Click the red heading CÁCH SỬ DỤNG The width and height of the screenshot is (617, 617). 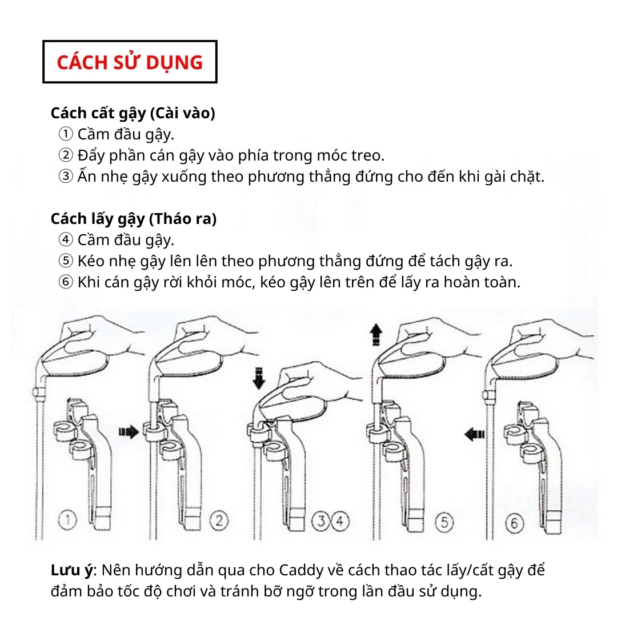130,62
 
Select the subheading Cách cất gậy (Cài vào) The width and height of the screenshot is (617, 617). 133,113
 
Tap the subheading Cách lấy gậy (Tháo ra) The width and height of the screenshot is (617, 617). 134,219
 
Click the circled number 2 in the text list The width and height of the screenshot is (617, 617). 66,155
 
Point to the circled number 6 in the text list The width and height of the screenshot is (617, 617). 66,282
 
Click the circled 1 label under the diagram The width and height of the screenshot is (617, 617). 67,520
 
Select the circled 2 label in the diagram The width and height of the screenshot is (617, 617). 219,520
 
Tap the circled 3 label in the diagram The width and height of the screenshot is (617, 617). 320,521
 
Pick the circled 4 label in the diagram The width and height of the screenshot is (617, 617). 340,521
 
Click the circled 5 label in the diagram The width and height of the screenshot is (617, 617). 444,522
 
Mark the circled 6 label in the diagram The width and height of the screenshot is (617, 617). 514,523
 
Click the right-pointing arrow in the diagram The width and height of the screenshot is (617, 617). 129,432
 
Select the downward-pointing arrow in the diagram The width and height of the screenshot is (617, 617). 259,378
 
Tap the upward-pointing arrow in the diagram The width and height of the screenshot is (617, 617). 376,334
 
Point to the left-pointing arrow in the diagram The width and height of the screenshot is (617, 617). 475,434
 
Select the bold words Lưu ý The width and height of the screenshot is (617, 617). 71,570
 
